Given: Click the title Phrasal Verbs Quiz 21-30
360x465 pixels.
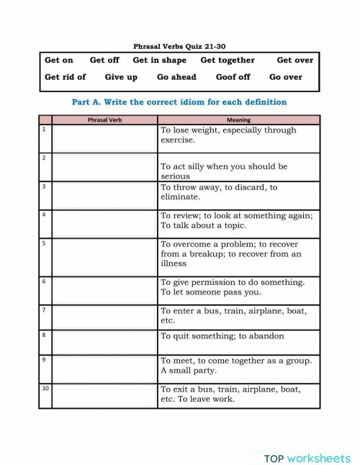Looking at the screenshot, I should (179, 46).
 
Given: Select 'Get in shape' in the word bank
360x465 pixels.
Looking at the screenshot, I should (159, 60).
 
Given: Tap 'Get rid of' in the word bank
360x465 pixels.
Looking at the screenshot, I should (65, 77).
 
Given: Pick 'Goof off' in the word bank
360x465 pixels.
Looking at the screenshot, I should (233, 77).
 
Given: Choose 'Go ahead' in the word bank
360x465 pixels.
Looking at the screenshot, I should (176, 77).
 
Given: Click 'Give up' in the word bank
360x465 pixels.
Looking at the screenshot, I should (120, 77).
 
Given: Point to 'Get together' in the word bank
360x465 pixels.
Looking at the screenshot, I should (228, 60).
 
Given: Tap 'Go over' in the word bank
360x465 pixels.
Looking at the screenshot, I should (286, 77).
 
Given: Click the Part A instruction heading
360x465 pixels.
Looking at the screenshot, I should (179, 102).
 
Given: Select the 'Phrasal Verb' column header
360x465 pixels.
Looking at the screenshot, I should (104, 120).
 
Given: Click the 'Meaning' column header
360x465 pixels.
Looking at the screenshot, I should (238, 120).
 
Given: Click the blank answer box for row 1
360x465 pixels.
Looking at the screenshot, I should (104, 139).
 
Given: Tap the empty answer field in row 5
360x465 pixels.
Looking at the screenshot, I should (104, 257).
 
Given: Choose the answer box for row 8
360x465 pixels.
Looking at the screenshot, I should (104, 342).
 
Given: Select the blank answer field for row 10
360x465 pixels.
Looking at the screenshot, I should (104, 396).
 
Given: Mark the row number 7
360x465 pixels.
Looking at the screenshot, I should (44, 310).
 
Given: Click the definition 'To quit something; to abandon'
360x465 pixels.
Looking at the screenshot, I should (222, 336).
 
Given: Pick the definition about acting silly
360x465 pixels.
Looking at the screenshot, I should (223, 171).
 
